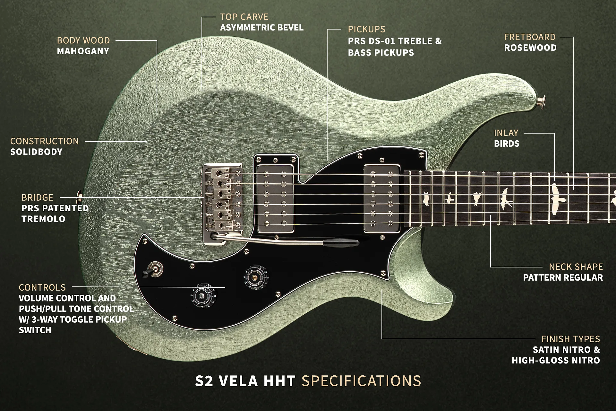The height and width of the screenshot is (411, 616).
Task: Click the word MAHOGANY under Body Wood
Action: [x=83, y=51]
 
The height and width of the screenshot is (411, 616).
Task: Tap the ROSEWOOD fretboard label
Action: [x=530, y=48]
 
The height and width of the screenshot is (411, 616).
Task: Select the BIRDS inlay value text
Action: [x=507, y=144]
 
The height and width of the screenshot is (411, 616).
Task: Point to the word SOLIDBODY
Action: [x=36, y=152]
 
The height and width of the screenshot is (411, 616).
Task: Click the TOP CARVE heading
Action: [x=244, y=17]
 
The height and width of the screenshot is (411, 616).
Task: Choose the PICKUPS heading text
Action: [x=366, y=29]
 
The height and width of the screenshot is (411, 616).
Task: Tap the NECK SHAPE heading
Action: [x=576, y=267]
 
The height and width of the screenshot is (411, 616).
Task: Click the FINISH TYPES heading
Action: [x=570, y=339]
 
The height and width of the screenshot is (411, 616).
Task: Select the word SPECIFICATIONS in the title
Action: [x=361, y=381]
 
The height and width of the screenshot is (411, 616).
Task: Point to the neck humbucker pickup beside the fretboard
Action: [x=382, y=198]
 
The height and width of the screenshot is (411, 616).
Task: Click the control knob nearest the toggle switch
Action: [x=203, y=295]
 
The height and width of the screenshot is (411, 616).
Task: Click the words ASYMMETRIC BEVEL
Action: [x=261, y=28]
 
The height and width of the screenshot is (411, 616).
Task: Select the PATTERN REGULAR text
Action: [x=563, y=278]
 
